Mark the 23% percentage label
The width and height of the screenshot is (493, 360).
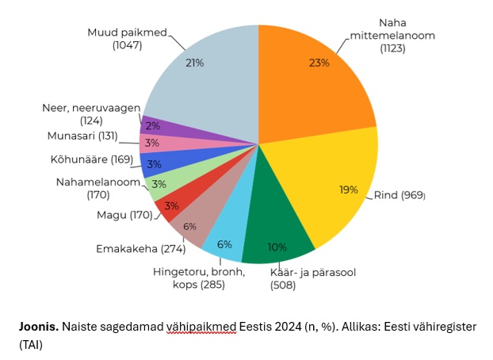[319, 63]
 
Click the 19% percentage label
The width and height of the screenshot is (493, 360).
[349, 190]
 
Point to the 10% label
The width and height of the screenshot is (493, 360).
[277, 247]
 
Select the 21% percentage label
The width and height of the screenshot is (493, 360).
[195, 63]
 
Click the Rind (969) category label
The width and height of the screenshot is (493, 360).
[399, 195]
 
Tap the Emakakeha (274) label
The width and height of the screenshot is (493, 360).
[141, 249]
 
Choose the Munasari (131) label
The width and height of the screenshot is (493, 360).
[82, 136]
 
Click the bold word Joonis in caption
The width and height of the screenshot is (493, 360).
[39, 327]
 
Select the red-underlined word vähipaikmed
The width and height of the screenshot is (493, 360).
[201, 327]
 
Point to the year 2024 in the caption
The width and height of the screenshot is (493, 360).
[288, 327]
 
